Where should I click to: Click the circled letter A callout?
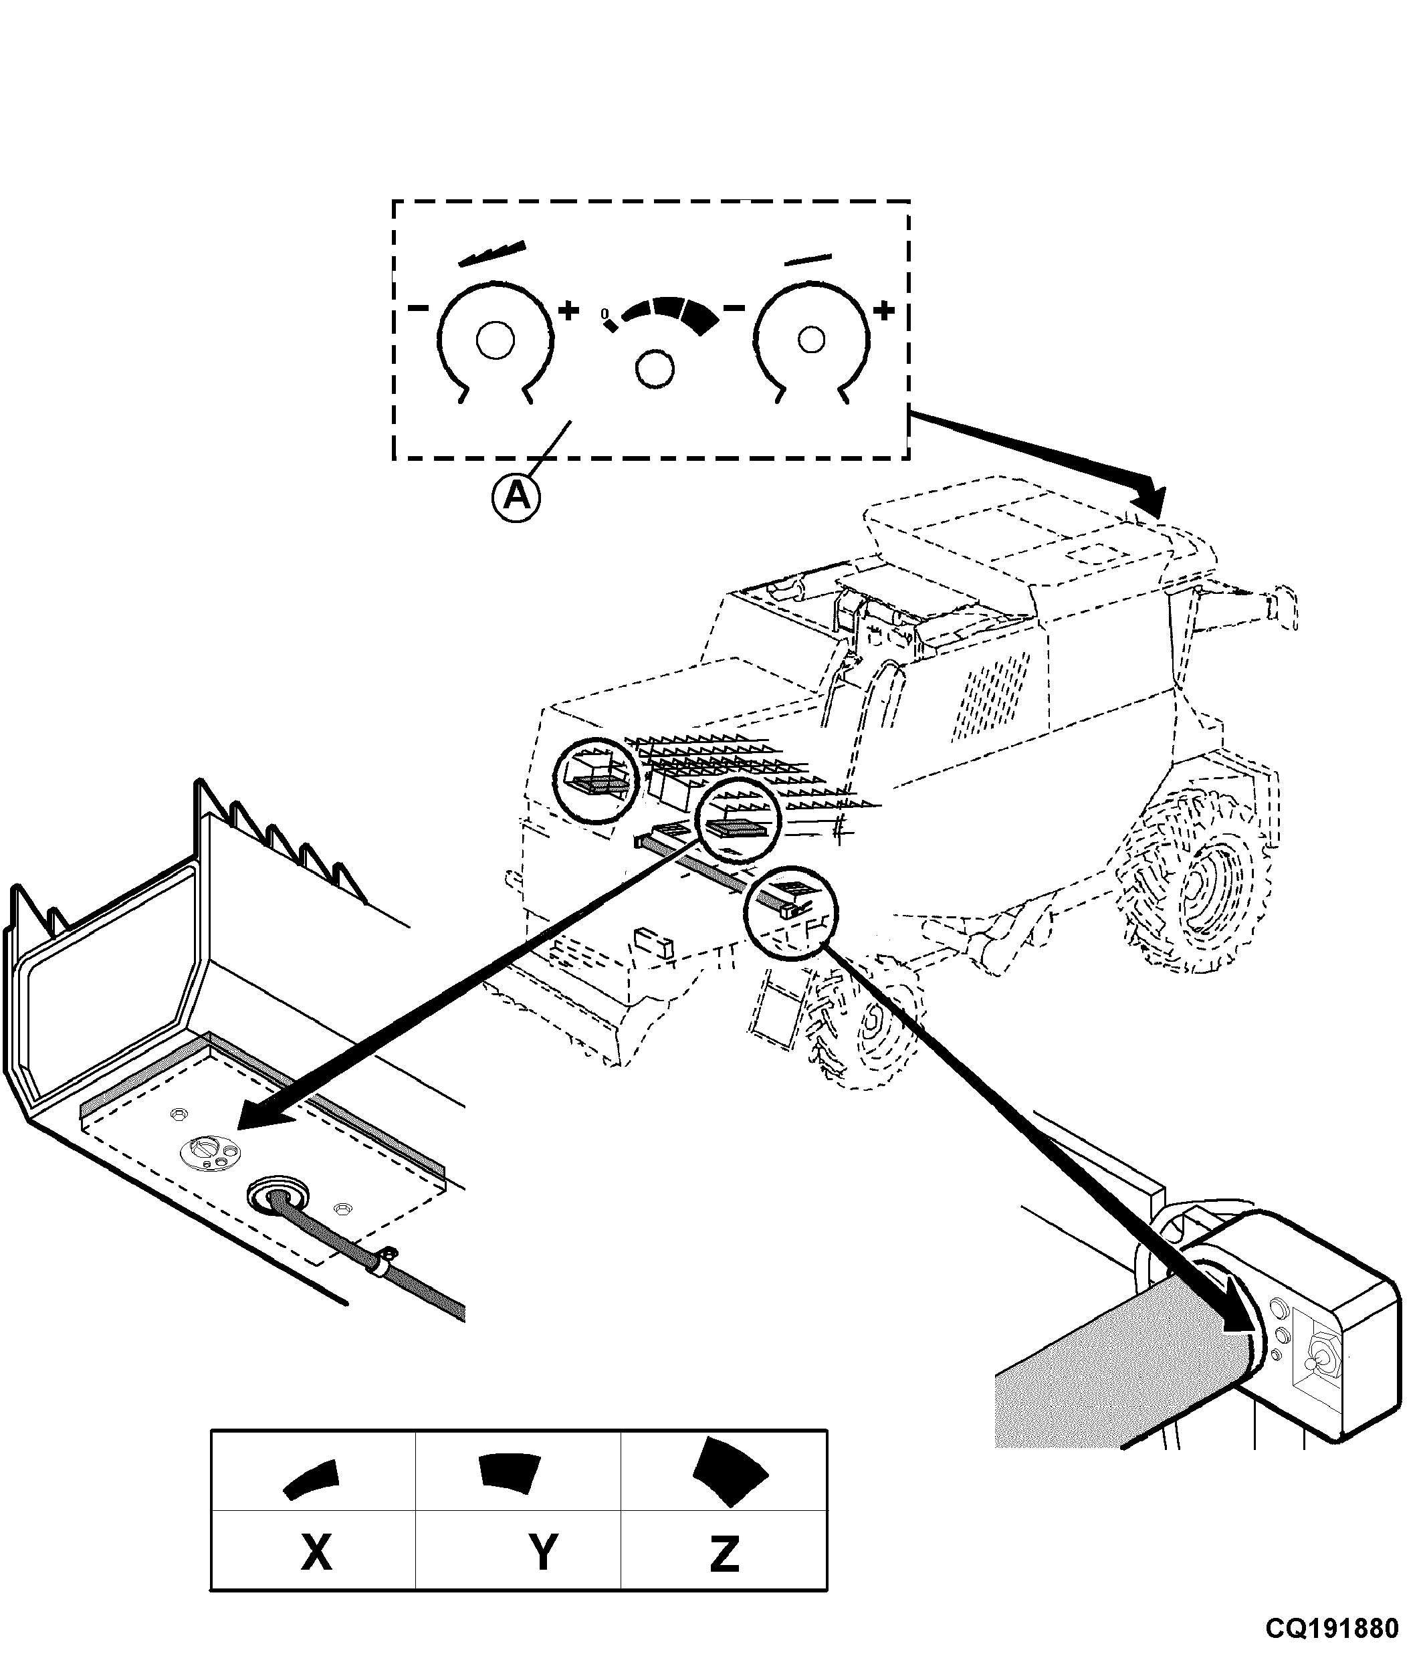[x=516, y=498]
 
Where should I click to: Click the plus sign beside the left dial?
[x=568, y=310]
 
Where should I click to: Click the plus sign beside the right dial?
[x=883, y=310]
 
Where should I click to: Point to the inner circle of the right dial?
[x=811, y=340]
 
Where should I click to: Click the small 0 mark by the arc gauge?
[x=605, y=313]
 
